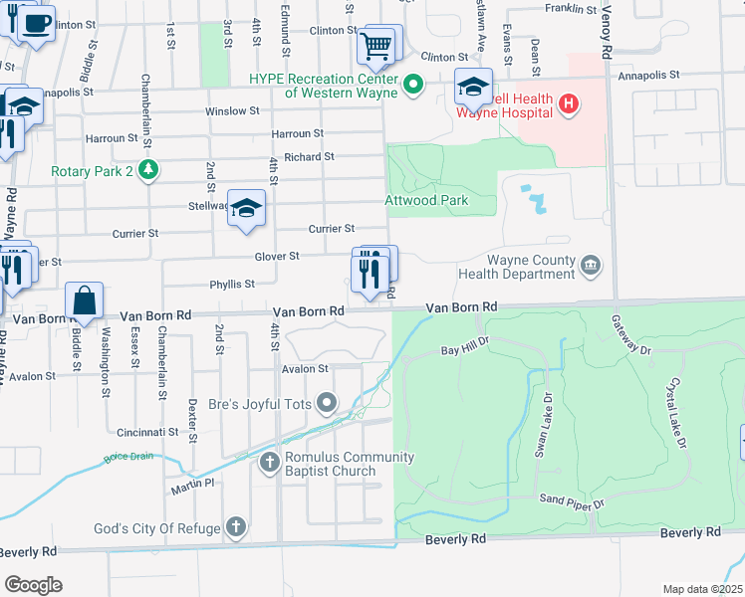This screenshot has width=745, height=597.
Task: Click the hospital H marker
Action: tap(568, 102)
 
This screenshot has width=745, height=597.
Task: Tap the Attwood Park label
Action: tap(426, 200)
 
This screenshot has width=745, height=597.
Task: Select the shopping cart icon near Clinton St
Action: tap(375, 45)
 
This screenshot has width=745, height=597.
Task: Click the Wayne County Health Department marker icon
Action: tap(591, 264)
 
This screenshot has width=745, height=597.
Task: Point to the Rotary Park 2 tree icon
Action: tap(147, 170)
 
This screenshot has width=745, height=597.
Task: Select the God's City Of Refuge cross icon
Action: tap(235, 526)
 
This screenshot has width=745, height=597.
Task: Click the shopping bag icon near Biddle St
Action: tap(85, 300)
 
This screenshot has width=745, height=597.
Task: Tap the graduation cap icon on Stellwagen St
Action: tap(246, 207)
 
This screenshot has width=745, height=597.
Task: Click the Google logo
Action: tap(33, 585)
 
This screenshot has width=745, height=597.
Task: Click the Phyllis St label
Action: tap(232, 285)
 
